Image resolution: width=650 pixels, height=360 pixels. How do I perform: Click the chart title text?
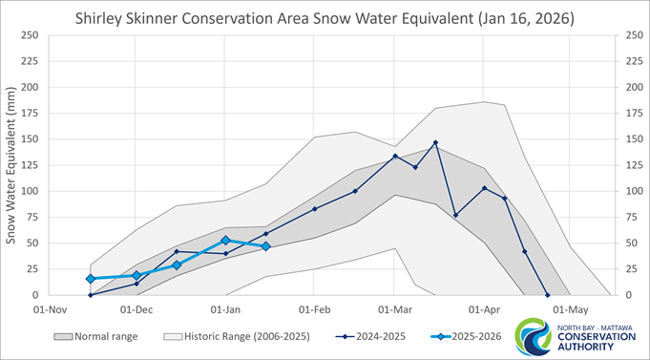(x=325, y=17)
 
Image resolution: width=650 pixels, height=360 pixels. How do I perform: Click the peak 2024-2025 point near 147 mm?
(x=435, y=142)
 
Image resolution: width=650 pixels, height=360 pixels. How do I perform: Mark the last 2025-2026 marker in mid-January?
(x=265, y=246)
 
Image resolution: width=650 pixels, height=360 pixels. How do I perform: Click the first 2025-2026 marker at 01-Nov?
(x=91, y=279)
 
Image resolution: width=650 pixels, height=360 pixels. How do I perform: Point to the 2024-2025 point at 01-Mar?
(x=395, y=157)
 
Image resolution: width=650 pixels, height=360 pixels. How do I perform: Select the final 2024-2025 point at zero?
(x=547, y=295)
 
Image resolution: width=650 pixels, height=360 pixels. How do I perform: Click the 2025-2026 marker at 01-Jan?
(x=225, y=241)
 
